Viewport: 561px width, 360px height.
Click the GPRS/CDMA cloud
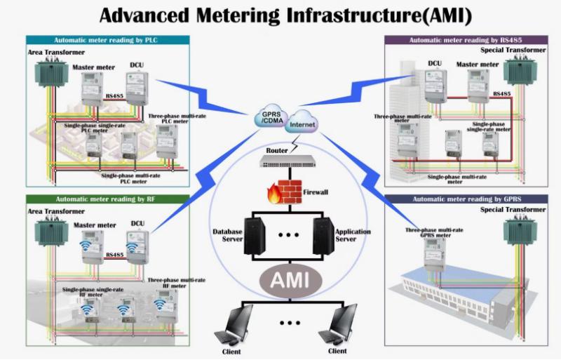click(x=271, y=116)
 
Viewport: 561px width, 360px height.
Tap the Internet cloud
click(x=302, y=122)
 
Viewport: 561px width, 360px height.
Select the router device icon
click(x=288, y=161)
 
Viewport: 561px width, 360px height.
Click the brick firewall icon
click(x=285, y=192)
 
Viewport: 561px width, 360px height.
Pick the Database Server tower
click(x=255, y=236)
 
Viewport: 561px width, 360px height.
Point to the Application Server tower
click(x=323, y=236)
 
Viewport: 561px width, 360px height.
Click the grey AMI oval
click(x=290, y=281)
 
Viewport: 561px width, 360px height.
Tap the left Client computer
click(x=234, y=324)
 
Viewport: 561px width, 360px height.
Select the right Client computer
click(x=338, y=324)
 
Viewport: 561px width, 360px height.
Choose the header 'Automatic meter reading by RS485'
click(x=466, y=40)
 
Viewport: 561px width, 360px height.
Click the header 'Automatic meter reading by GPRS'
click(x=466, y=199)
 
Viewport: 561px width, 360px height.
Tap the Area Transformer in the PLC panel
click(x=51, y=73)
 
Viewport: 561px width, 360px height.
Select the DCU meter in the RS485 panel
click(x=435, y=86)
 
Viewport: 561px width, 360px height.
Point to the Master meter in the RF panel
click(x=93, y=247)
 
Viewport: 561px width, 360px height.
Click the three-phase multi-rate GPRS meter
click(x=434, y=255)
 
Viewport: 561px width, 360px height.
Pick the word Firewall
click(x=316, y=192)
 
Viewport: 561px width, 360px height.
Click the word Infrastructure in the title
click(x=354, y=15)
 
